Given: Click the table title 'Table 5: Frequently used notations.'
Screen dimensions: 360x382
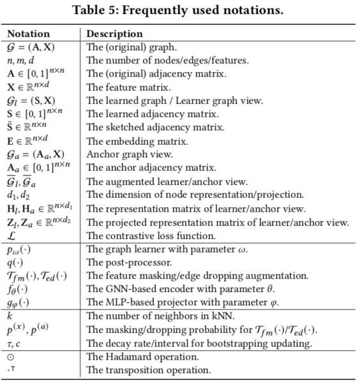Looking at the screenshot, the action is [x=179, y=11].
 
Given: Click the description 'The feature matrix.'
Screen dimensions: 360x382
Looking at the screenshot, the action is [x=127, y=87].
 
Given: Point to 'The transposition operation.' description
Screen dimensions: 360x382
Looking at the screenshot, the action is [x=148, y=371].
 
